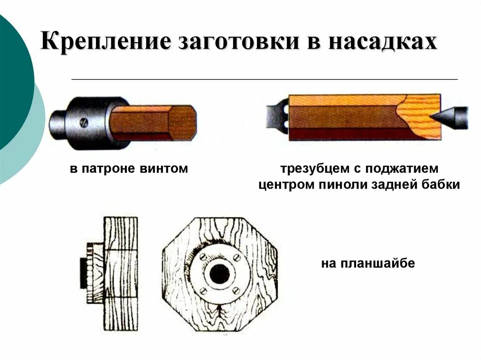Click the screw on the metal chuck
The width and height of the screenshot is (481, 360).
coord(83,123)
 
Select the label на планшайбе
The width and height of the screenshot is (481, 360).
coord(368,263)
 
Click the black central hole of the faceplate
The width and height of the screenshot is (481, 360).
coord(219,274)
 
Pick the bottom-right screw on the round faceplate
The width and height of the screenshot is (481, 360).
coord(236,291)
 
